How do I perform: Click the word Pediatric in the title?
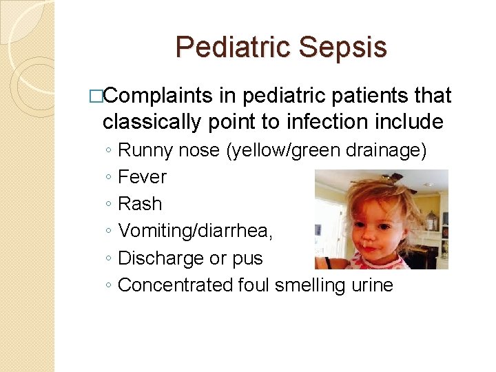[x=233, y=48]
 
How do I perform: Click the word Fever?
[x=143, y=177]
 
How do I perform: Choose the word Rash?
[x=141, y=204]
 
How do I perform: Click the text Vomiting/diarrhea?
[x=196, y=231]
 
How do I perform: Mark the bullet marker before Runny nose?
[x=108, y=151]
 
